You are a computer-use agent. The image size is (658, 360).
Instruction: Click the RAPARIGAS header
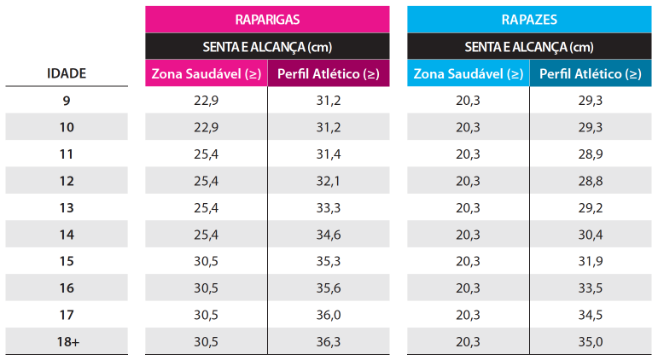267,18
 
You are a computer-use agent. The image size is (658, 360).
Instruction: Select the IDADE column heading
66,73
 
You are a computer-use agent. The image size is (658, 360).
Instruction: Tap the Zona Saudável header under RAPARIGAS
206,73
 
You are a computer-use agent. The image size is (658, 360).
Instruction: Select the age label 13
66,207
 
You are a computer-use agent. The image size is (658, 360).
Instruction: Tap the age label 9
66,101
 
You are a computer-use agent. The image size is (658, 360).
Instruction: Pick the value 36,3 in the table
329,341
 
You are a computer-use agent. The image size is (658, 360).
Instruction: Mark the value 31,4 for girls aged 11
329,154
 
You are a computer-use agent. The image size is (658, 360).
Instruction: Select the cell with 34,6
329,235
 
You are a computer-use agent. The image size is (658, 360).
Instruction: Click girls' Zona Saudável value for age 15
206,261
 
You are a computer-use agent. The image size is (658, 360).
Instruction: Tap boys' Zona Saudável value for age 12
468,181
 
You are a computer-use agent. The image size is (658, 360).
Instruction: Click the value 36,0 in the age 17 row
329,315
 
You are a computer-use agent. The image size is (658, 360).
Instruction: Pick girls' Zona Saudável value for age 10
206,127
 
